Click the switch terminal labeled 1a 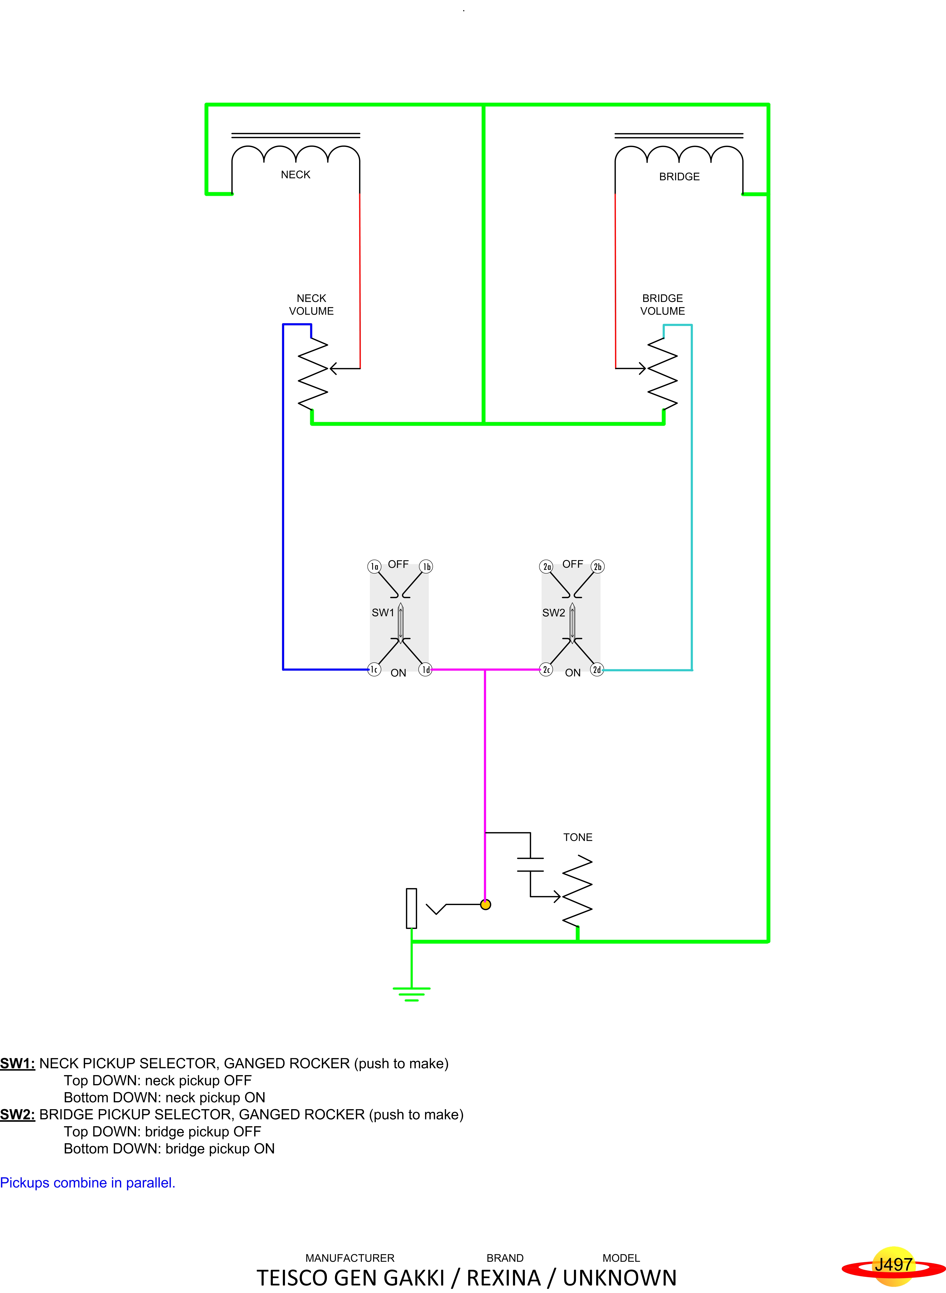tap(374, 566)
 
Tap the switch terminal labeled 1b tap(426, 566)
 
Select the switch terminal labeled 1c tap(374, 669)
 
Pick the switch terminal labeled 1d tap(425, 669)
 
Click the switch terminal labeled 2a tap(546, 566)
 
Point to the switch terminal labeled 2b tap(597, 566)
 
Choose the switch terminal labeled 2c tap(546, 669)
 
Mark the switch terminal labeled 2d tap(597, 669)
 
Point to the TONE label tap(577, 837)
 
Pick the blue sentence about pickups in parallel tap(88, 1183)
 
